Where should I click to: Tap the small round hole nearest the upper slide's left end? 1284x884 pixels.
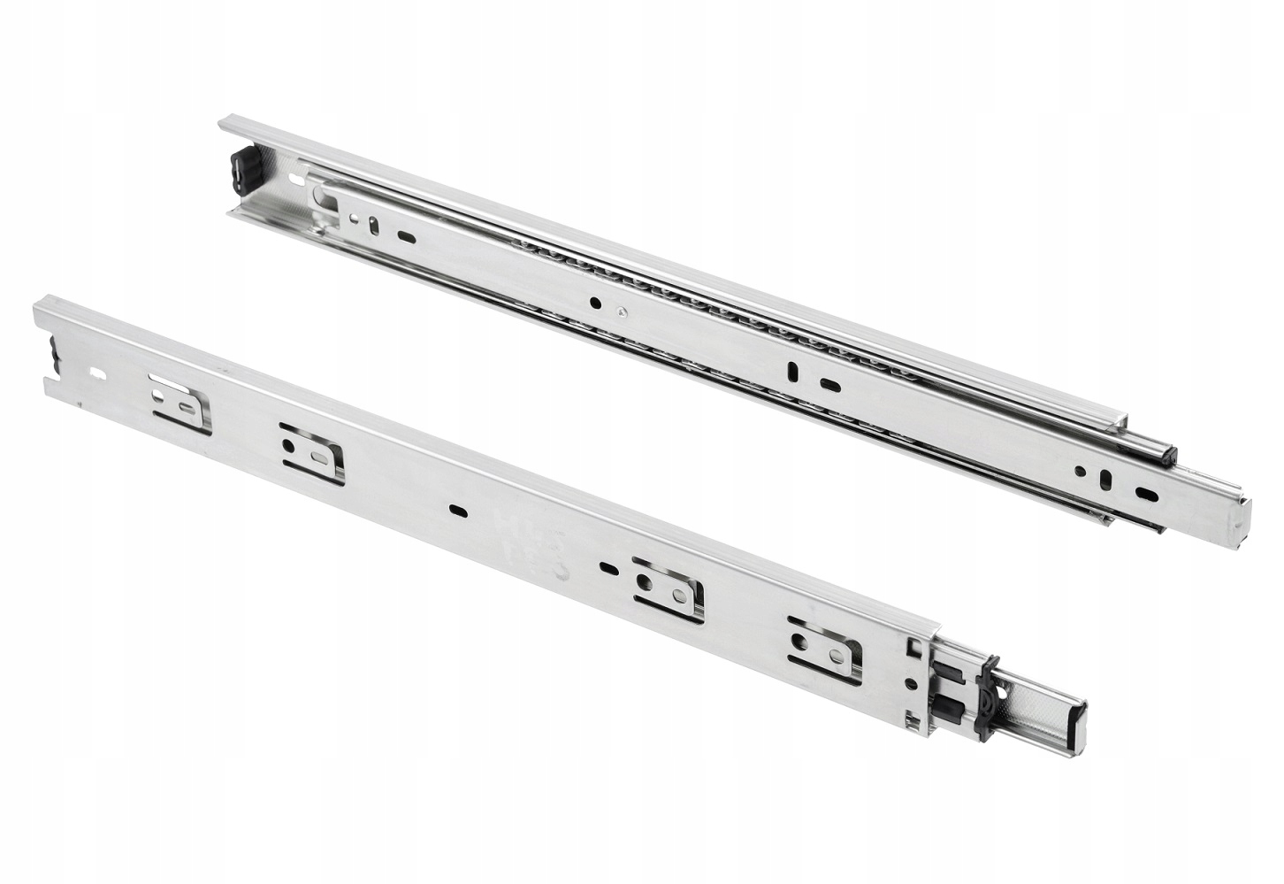coord(353,218)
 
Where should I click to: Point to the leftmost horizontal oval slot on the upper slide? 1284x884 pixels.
coord(407,236)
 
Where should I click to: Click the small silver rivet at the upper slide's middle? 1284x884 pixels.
coord(625,311)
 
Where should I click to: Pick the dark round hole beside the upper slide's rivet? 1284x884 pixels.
coord(595,303)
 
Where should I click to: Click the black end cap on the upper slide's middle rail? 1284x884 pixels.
coord(1166,457)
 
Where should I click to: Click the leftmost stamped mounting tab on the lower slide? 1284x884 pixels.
coord(182,404)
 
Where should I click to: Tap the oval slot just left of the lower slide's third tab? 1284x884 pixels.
coord(607,566)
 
